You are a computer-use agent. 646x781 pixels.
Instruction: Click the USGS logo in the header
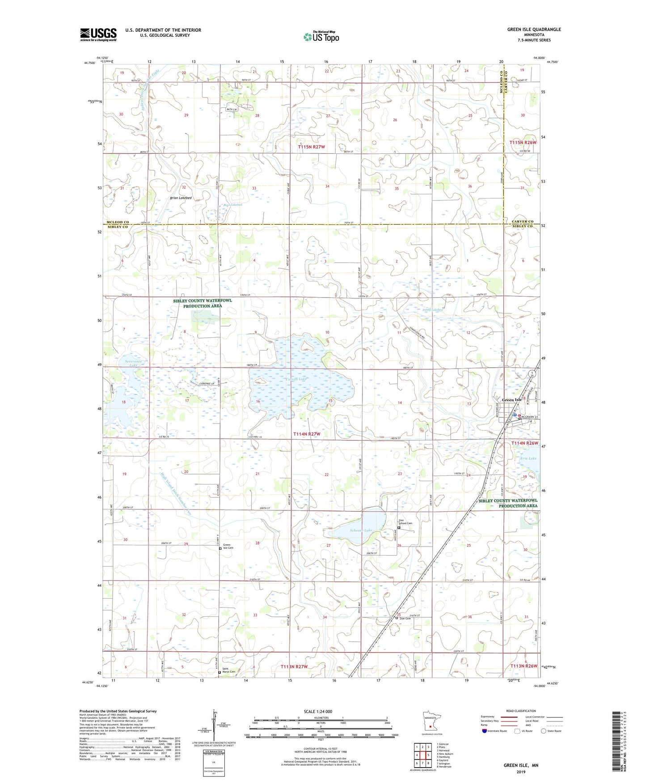(x=98, y=34)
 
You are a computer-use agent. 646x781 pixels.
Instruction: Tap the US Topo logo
(x=321, y=37)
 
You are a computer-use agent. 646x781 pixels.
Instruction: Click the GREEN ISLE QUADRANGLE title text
(x=534, y=30)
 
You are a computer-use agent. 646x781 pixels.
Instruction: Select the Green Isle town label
(x=511, y=400)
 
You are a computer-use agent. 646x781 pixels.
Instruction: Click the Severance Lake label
(x=127, y=363)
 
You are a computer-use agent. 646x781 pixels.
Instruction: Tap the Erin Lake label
(x=528, y=458)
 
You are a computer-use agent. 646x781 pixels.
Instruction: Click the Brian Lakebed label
(x=181, y=198)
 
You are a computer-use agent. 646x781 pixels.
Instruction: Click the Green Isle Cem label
(x=228, y=546)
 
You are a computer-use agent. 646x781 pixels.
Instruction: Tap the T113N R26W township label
(x=524, y=666)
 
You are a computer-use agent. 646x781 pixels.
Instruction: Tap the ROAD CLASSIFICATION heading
(x=521, y=711)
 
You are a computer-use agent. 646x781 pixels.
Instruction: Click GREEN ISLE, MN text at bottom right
(x=521, y=765)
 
